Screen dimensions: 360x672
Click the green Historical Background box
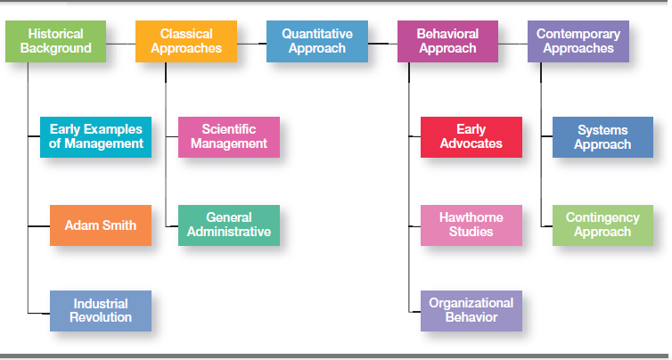click(x=55, y=41)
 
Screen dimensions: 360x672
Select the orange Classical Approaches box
click(x=186, y=41)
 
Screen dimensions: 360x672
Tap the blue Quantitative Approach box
click(x=316, y=41)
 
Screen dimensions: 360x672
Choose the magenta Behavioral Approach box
click(x=447, y=41)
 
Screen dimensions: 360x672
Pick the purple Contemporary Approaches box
click(x=578, y=41)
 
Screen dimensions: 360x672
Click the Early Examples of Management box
click(x=96, y=136)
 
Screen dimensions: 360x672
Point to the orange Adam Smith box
click(x=101, y=225)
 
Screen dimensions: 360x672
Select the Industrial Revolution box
click(x=101, y=311)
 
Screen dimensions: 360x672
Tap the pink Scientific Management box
click(x=228, y=136)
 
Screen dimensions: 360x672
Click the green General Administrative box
click(x=228, y=225)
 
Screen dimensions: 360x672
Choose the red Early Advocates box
click(x=471, y=136)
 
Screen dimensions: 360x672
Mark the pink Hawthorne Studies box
click(x=471, y=225)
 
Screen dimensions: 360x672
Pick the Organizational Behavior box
click(x=471, y=311)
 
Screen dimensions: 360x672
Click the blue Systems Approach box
click(x=602, y=136)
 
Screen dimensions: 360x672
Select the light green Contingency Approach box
click(x=602, y=225)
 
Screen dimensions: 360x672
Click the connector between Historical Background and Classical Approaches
click(x=120, y=41)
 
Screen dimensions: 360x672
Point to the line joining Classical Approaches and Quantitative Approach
click(x=251, y=41)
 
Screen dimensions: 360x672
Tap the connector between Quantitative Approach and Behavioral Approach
click(x=382, y=41)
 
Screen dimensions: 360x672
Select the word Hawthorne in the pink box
click(x=471, y=218)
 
